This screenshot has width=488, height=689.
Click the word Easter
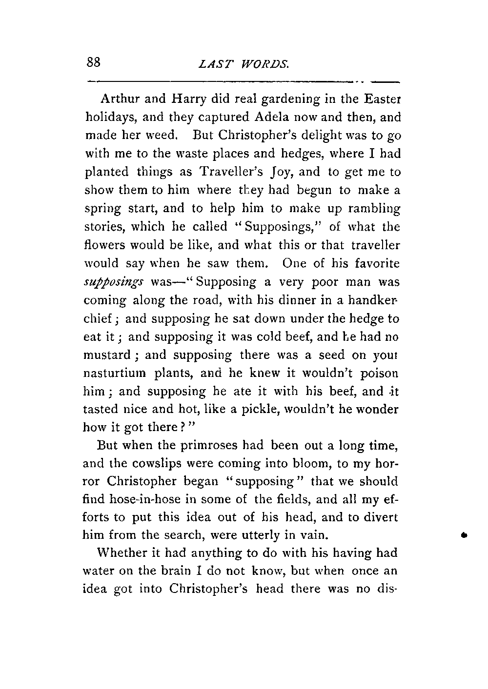382,99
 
